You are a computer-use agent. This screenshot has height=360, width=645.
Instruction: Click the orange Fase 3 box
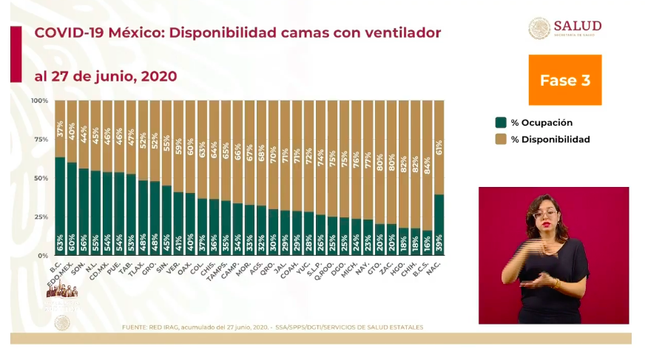[x=564, y=80]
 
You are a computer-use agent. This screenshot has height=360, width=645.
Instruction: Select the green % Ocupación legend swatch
[x=501, y=123]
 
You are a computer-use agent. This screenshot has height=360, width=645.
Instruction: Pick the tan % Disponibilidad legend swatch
[x=501, y=139]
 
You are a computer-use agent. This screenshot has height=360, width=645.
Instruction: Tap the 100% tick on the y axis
[x=40, y=101]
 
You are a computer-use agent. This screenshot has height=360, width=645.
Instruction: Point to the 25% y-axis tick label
[x=41, y=217]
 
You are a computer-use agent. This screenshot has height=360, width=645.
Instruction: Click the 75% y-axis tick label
[x=41, y=139]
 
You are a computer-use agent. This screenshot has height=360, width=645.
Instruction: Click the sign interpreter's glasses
[x=544, y=214]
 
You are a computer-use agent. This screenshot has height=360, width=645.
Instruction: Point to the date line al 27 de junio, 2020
[x=106, y=76]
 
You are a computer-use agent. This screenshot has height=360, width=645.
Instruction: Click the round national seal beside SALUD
[x=539, y=28]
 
